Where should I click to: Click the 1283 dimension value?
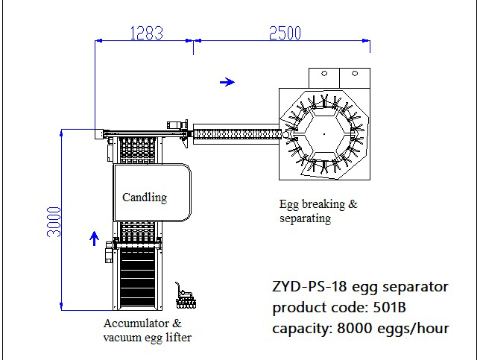pyautogui.click(x=147, y=33)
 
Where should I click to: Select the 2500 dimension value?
pyautogui.click(x=285, y=33)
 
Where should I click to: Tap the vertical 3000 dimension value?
pyautogui.click(x=54, y=222)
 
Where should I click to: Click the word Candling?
pyautogui.click(x=145, y=198)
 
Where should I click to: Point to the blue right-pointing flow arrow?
pyautogui.click(x=227, y=82)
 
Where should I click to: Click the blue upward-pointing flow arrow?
pyautogui.click(x=94, y=239)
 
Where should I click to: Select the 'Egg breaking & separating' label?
pyautogui.click(x=318, y=211)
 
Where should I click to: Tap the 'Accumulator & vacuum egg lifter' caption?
pyautogui.click(x=148, y=330)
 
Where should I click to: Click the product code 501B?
pyautogui.click(x=389, y=307)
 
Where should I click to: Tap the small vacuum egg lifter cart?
pyautogui.click(x=185, y=296)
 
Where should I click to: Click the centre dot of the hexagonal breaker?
pyautogui.click(x=324, y=133)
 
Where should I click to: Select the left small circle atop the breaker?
pyautogui.click(x=324, y=74)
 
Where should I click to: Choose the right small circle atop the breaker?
pyautogui.click(x=355, y=74)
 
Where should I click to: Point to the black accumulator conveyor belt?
pyautogui.click(x=137, y=277)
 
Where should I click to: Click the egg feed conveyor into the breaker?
pyautogui.click(x=236, y=133)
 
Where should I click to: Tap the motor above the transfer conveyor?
pyautogui.click(x=177, y=124)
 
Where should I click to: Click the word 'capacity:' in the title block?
pyautogui.click(x=303, y=329)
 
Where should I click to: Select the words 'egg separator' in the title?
pyautogui.click(x=400, y=288)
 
